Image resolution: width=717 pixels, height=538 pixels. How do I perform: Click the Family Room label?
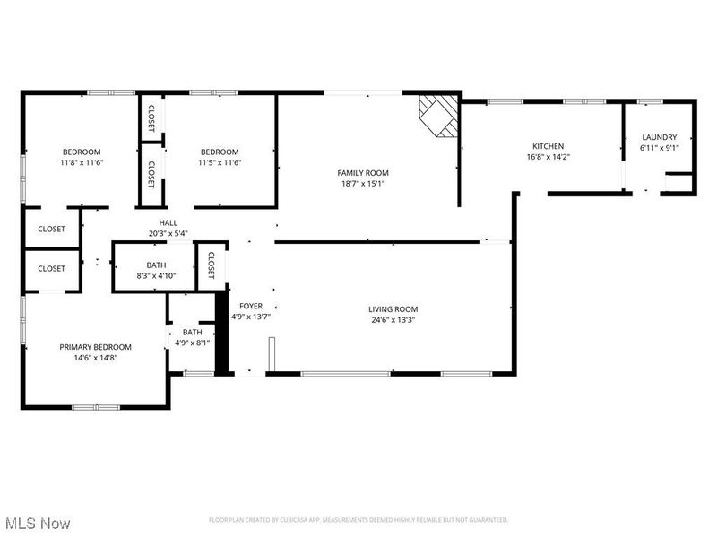click(x=363, y=172)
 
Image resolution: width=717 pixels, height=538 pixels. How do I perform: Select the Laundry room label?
click(x=660, y=137)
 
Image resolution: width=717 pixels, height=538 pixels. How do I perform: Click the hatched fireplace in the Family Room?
click(x=439, y=115)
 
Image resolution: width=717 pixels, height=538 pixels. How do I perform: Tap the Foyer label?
click(x=250, y=306)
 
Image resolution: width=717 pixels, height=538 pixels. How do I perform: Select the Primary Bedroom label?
click(x=95, y=347)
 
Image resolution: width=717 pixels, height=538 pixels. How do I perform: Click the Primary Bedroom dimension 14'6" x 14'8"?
click(x=95, y=358)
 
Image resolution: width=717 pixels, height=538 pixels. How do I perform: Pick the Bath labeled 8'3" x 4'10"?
click(x=156, y=265)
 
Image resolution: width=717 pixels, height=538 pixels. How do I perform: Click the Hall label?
click(x=168, y=223)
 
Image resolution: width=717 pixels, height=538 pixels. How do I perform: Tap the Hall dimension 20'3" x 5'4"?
click(x=168, y=234)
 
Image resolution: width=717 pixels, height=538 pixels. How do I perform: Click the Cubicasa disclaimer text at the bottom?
click(x=358, y=520)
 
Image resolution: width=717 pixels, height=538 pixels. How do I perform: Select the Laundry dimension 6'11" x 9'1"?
click(x=660, y=148)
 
